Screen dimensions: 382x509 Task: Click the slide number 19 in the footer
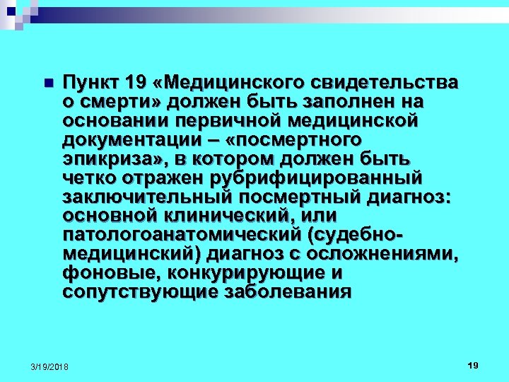(473, 365)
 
